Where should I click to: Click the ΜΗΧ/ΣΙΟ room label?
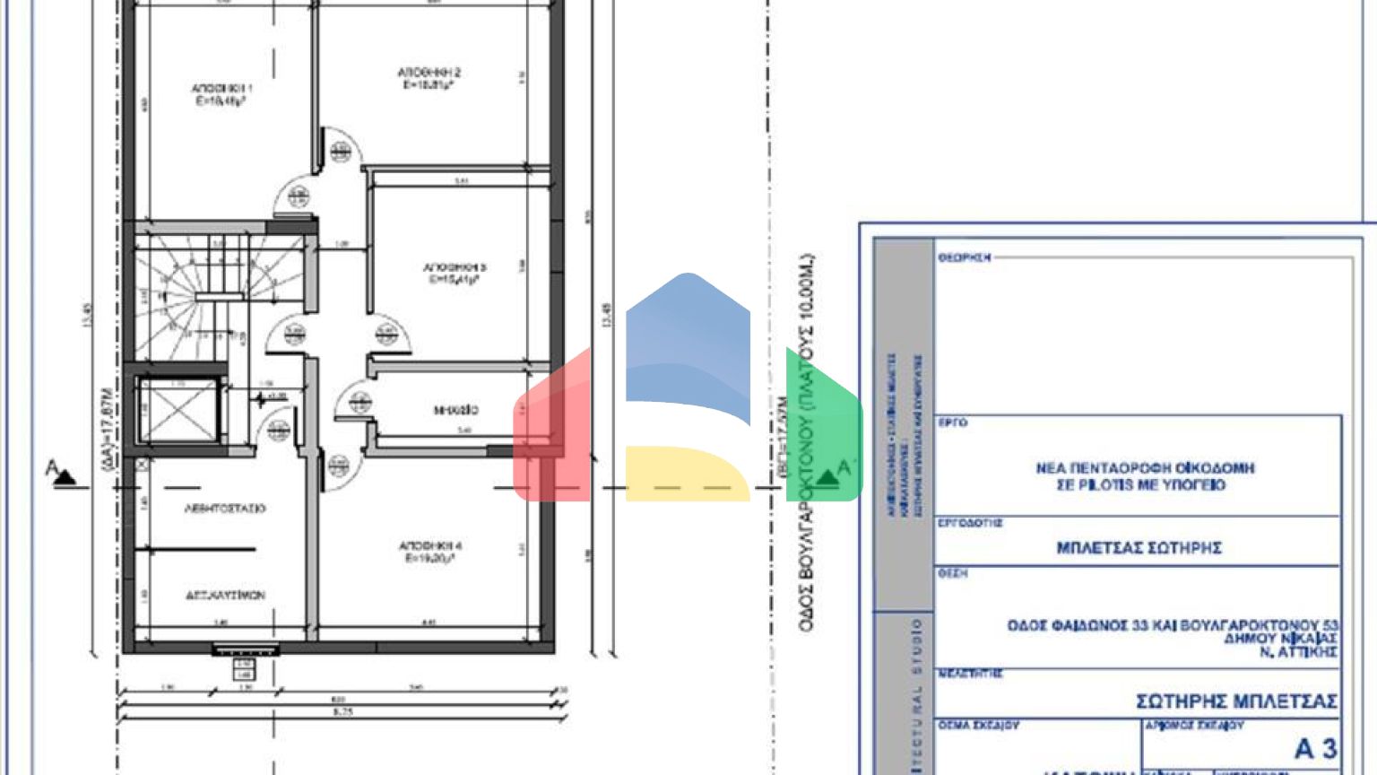point(456,411)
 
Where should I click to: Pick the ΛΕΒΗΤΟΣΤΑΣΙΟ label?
point(225,508)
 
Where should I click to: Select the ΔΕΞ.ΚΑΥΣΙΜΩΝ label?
point(225,595)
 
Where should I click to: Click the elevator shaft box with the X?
point(178,411)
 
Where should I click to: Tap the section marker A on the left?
point(58,472)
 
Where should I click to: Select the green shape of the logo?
point(823,426)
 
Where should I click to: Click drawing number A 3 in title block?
point(1315,748)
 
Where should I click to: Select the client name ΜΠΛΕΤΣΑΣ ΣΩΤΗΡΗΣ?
point(1139,548)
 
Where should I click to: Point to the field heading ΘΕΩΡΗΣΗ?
point(965,257)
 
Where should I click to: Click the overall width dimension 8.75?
point(342,711)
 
